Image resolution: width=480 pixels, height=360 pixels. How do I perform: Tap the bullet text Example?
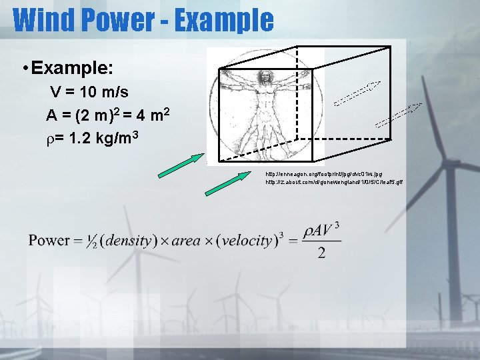coord(71,68)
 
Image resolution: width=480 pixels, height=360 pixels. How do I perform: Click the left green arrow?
coord(181,166)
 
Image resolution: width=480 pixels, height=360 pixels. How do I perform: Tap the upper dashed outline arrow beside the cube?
coord(357,93)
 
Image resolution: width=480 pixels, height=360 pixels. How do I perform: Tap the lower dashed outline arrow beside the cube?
coord(399,115)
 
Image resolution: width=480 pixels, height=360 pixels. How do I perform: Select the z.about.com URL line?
coord(335,182)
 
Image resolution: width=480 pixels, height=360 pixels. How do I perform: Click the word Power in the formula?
coord(49,240)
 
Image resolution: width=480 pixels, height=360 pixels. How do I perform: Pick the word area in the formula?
coord(186,240)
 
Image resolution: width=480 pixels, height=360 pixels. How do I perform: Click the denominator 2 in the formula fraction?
coord(321,253)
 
